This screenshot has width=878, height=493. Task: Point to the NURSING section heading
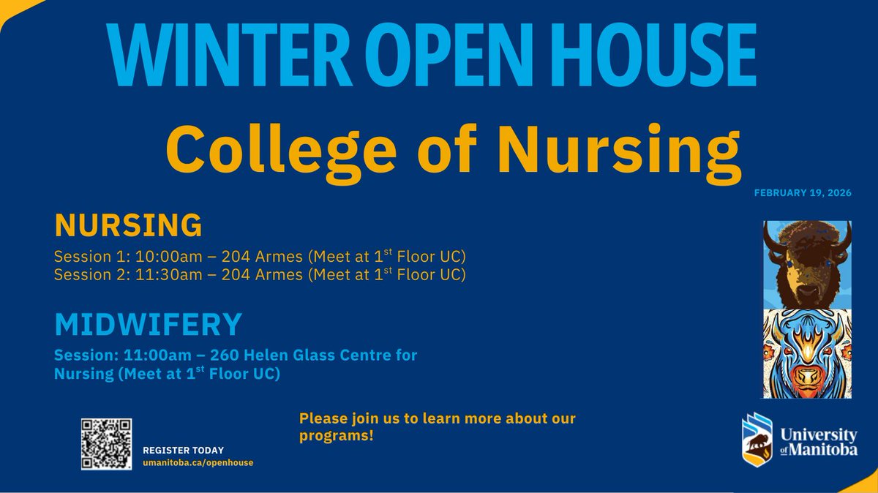127,225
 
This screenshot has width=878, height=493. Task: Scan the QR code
106,444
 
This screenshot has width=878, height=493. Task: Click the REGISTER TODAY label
183,451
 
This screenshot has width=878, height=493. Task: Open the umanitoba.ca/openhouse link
198,464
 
